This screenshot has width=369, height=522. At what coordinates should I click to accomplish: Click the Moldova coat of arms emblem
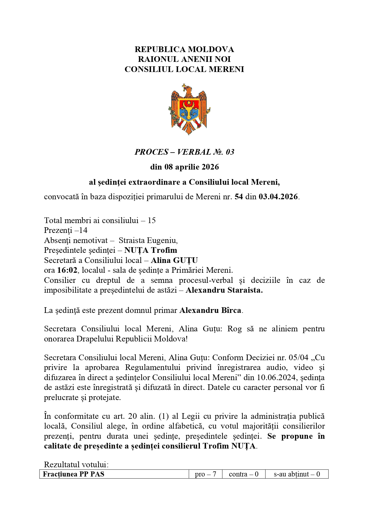189,109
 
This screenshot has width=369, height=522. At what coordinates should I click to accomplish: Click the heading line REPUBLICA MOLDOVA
184,49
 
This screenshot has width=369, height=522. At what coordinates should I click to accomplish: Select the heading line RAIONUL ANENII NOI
184,59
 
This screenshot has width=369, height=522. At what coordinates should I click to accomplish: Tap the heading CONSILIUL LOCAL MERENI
184,69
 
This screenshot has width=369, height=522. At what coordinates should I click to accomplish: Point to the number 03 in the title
230,152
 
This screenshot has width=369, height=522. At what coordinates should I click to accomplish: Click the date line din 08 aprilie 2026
184,167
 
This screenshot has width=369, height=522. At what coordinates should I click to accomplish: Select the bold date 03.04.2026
278,197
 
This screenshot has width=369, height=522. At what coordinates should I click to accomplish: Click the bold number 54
238,197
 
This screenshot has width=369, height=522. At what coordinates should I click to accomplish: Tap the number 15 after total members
152,220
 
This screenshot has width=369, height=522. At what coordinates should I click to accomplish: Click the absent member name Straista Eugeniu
148,240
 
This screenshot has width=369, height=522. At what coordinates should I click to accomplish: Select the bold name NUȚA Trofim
151,250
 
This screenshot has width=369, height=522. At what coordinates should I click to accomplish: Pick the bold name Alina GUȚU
174,260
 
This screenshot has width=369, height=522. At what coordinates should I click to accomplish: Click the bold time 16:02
67,270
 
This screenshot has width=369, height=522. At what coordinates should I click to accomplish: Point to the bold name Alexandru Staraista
224,290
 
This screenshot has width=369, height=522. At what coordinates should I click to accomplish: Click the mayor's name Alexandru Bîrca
210,310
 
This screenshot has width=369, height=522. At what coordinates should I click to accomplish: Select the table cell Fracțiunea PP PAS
74,474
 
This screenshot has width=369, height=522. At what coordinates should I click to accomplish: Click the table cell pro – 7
205,474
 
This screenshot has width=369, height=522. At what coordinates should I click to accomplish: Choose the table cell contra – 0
244,474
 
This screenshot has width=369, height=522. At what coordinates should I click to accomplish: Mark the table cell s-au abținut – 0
297,474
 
